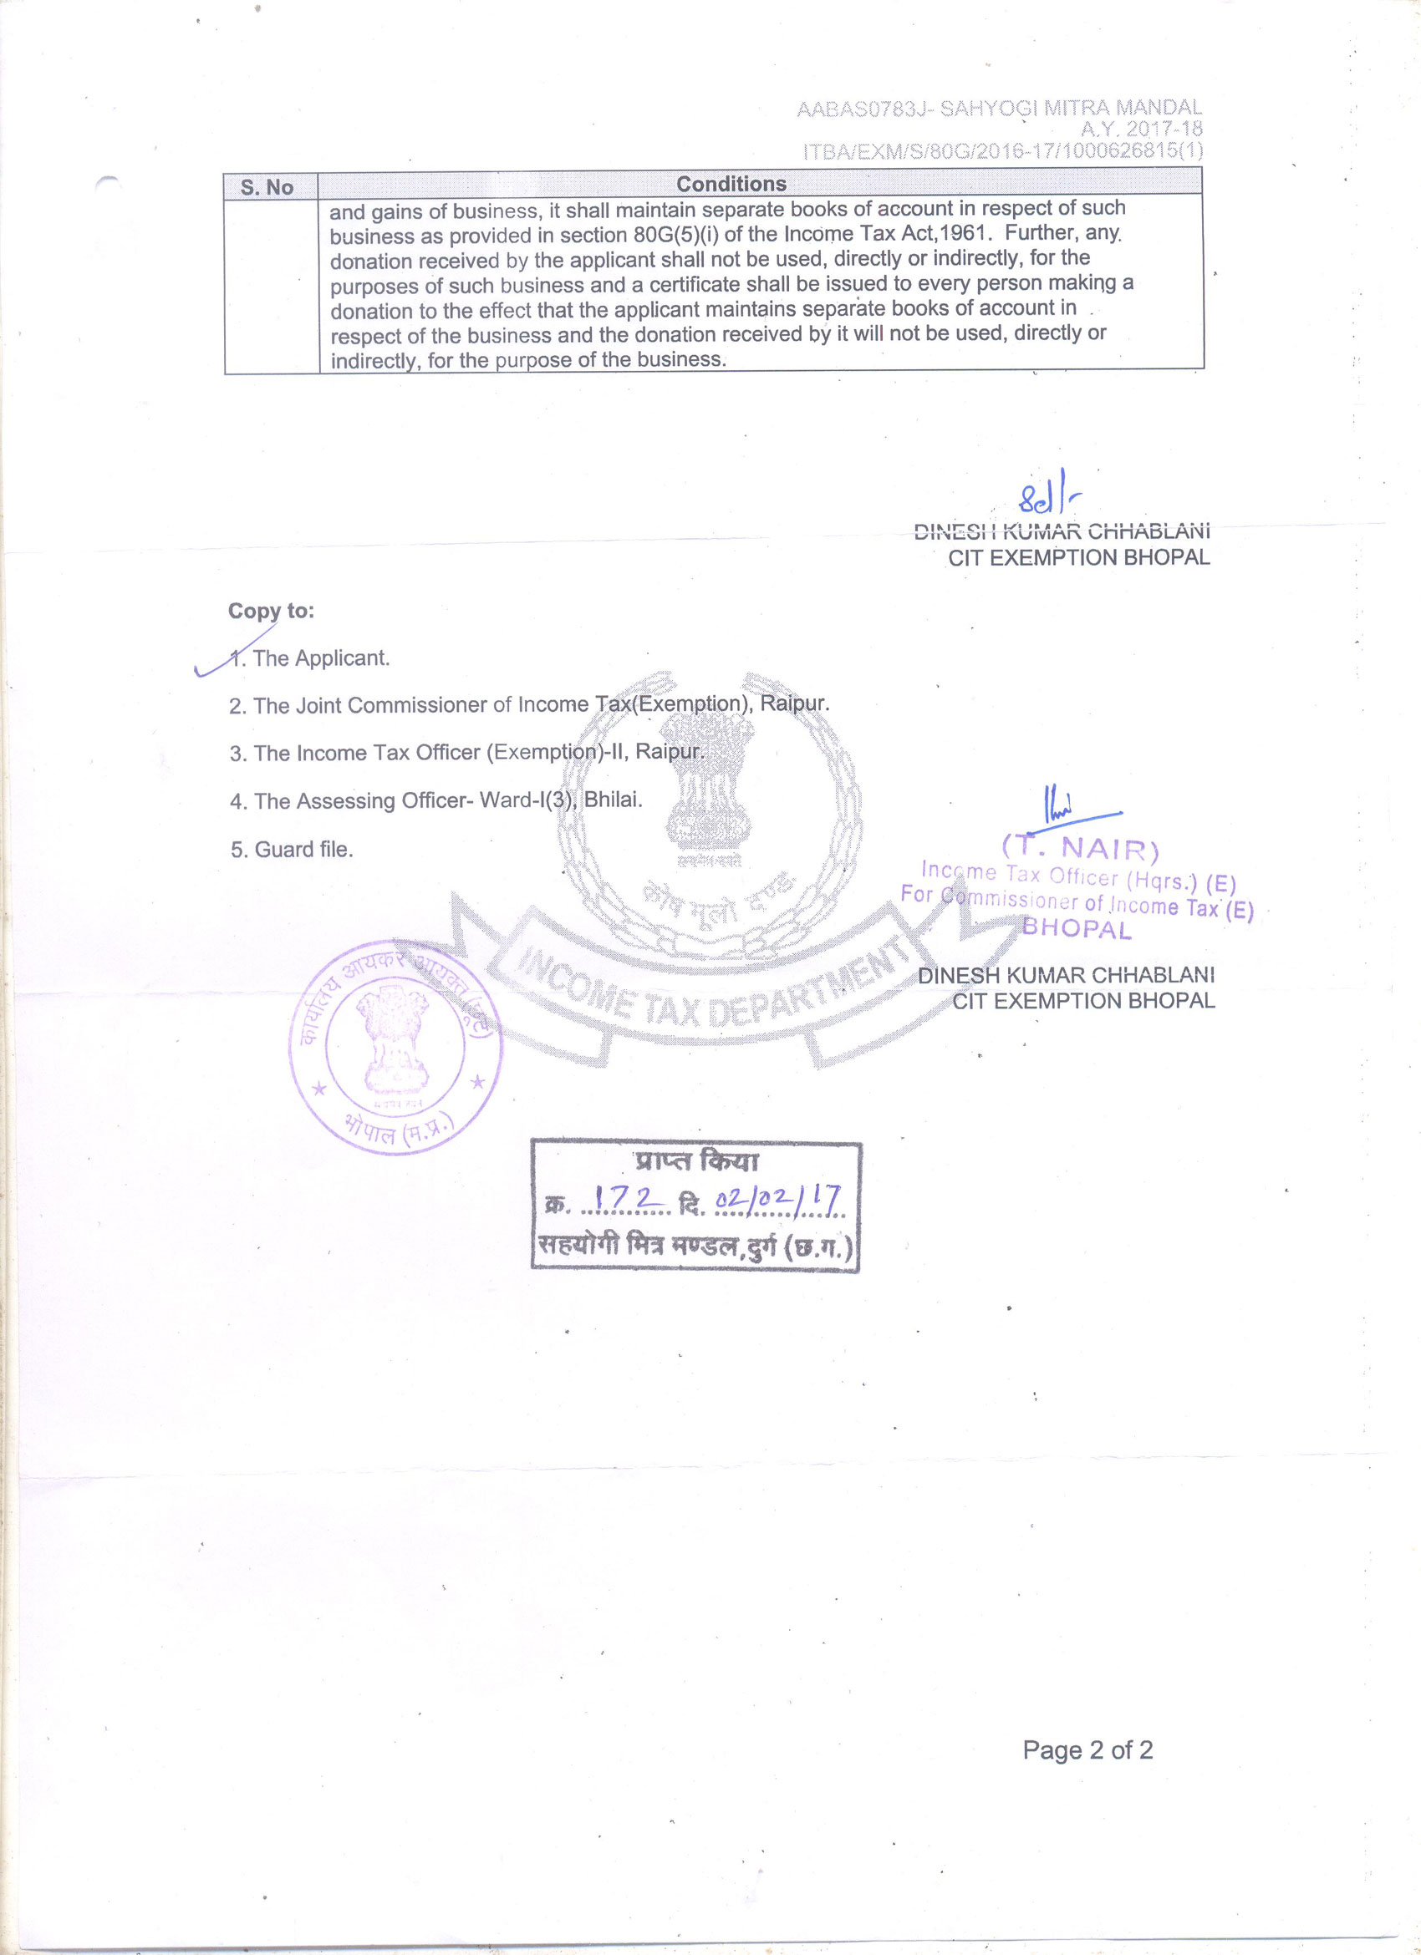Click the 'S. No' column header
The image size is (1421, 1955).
[x=267, y=187]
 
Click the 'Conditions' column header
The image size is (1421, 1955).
[x=731, y=184]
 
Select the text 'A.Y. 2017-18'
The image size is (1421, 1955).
[x=1141, y=129]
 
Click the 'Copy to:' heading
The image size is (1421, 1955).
[x=271, y=612]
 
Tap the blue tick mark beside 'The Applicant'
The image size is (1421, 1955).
[x=228, y=654]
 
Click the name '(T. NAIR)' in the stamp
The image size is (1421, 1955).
[x=1081, y=848]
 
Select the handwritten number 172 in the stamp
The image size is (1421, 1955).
[x=628, y=1198]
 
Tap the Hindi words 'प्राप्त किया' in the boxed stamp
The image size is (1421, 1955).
[x=696, y=1161]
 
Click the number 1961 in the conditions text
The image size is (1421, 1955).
[x=964, y=234]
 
